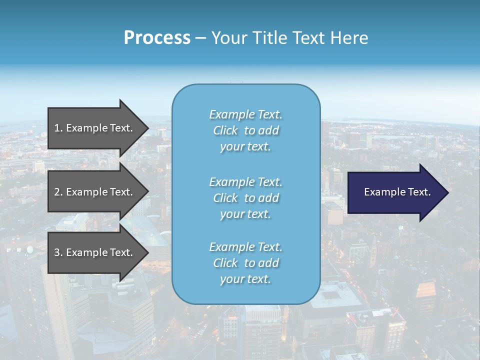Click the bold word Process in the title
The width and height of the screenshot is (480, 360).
click(157, 38)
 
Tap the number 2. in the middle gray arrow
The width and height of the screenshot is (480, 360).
click(58, 192)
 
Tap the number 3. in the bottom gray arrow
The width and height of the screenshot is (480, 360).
click(58, 252)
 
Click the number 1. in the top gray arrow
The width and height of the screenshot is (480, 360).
click(58, 128)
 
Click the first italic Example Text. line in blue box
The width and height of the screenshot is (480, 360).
click(245, 114)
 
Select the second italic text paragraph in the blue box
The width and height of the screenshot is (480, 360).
click(245, 198)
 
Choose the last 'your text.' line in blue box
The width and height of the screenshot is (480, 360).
click(245, 279)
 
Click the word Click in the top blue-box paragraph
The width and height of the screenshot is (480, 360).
click(225, 130)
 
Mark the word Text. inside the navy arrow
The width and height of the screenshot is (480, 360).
click(418, 192)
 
